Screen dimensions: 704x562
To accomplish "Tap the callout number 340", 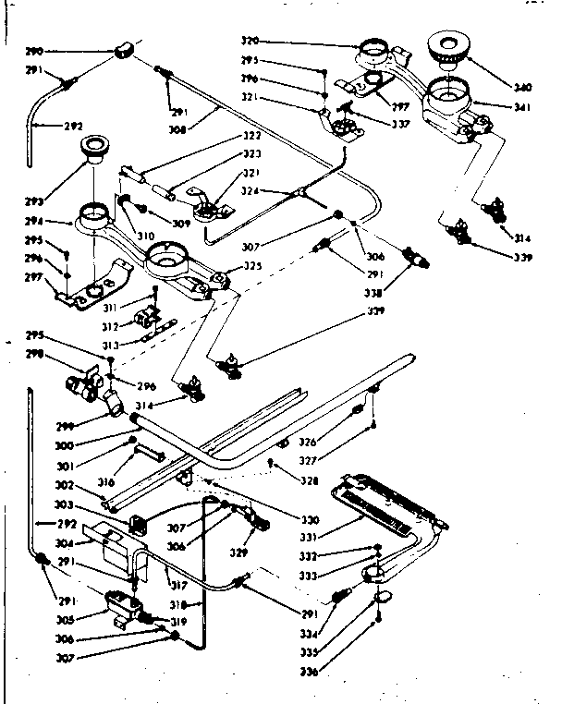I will pos(523,89).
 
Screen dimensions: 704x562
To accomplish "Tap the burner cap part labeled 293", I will pos(93,147).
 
